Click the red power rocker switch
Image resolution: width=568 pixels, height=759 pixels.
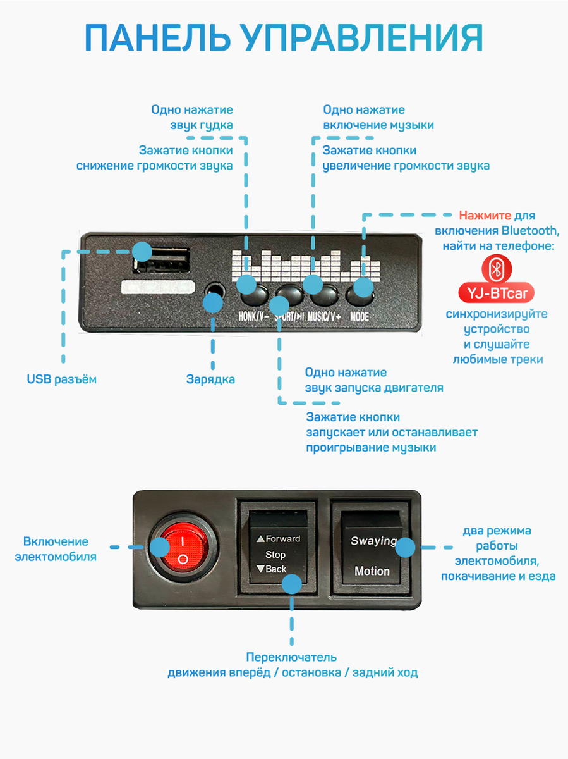pyautogui.click(x=182, y=547)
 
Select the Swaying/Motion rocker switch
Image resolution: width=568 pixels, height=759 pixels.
pyautogui.click(x=372, y=548)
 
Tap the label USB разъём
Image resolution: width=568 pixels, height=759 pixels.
pyautogui.click(x=61, y=379)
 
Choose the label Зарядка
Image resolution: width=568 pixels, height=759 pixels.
pyautogui.click(x=210, y=379)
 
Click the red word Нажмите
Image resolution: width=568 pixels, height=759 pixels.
pyautogui.click(x=485, y=216)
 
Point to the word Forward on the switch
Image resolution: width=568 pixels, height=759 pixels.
pyautogui.click(x=282, y=539)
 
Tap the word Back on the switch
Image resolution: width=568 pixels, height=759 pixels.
pyautogui.click(x=276, y=569)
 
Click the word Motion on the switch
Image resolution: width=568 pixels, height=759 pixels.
pyautogui.click(x=372, y=571)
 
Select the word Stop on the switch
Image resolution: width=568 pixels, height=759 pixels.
pyautogui.click(x=275, y=555)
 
